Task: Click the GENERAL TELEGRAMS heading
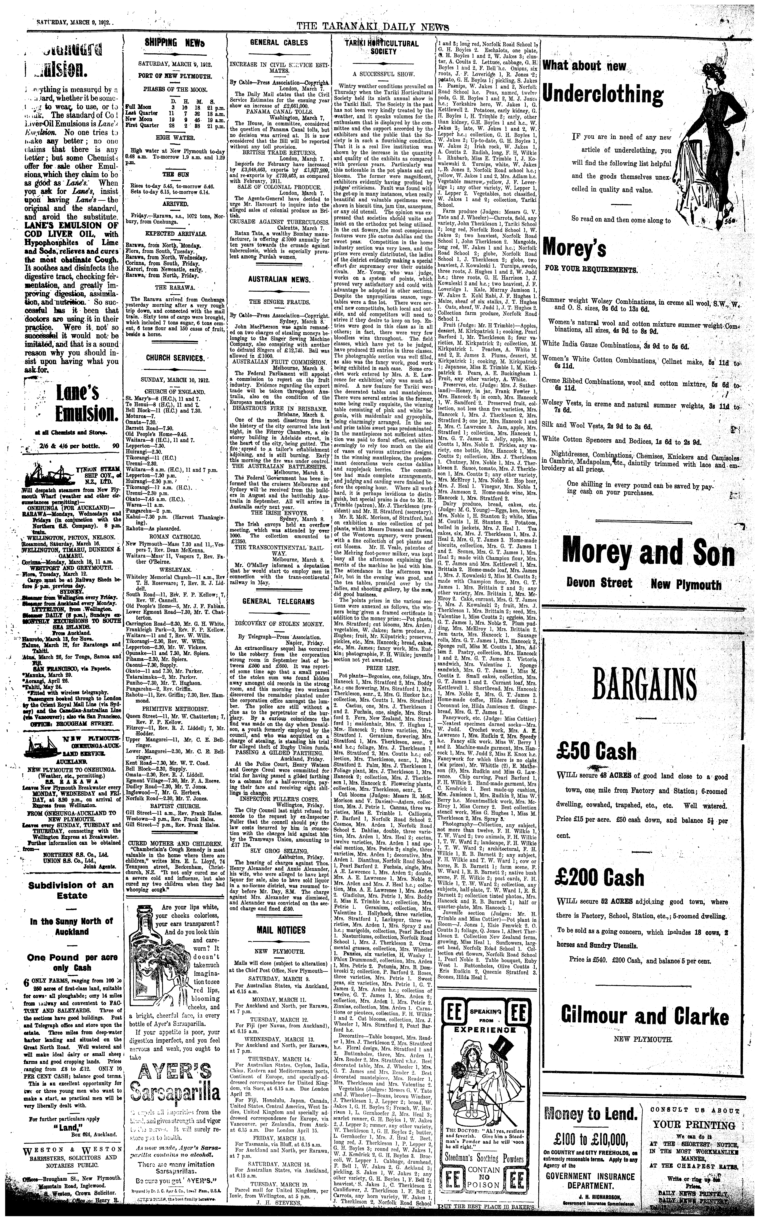[279, 601]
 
